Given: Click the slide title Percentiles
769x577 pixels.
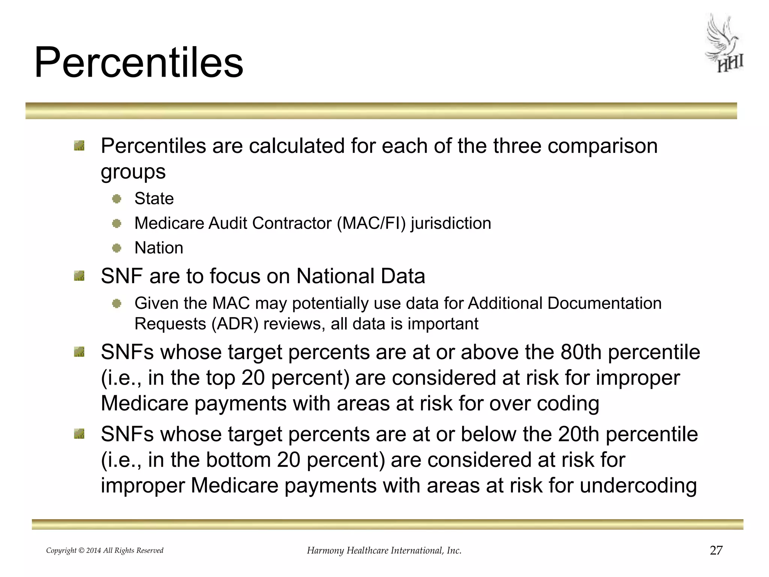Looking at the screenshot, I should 139,62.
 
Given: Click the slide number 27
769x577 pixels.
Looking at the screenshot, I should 716,550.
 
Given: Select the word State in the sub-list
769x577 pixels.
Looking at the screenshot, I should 154,198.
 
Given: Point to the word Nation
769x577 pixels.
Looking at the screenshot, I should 159,248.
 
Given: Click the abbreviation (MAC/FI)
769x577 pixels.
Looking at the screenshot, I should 371,223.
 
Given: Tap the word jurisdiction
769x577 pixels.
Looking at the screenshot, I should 451,224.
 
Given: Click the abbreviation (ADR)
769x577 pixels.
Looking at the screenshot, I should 235,324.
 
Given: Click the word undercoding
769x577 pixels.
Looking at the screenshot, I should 638,485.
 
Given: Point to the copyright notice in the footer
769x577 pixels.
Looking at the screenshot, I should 104,551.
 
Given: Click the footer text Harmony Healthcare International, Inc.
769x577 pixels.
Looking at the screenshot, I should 384,551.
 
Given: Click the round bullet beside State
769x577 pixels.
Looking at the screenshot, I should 117,199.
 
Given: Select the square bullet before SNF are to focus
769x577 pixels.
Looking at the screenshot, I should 79,277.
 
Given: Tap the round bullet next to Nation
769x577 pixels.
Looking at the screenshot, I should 117,248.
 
